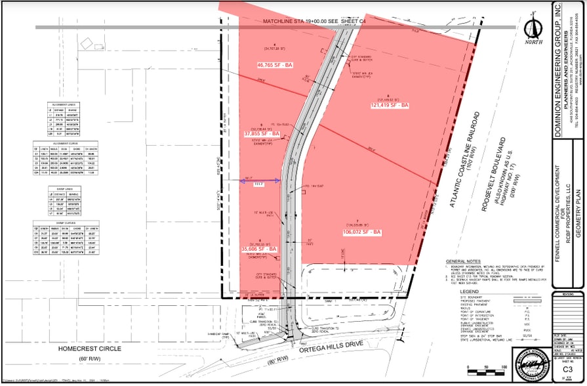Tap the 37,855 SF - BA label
point(262,134)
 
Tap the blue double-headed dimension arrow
point(261,179)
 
